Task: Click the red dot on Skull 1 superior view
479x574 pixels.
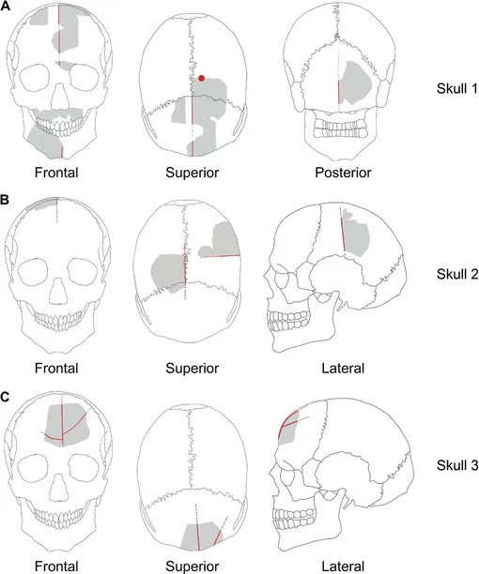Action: coord(201,78)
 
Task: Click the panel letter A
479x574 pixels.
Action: coord(5,7)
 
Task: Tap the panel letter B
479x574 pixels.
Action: coord(5,201)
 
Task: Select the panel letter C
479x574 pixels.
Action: coord(5,398)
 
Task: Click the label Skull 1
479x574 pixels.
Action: coord(457,88)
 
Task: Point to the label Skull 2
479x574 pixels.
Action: coord(457,274)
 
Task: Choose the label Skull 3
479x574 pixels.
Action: coord(457,465)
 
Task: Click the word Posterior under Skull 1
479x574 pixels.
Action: coord(343,173)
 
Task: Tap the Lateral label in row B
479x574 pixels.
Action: coord(343,368)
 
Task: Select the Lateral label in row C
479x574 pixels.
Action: coord(343,566)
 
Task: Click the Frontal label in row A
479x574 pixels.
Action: coord(56,173)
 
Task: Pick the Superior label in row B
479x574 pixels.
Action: coord(192,368)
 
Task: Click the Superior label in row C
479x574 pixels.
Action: coord(192,566)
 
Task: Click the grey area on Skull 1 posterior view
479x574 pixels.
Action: coord(354,83)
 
